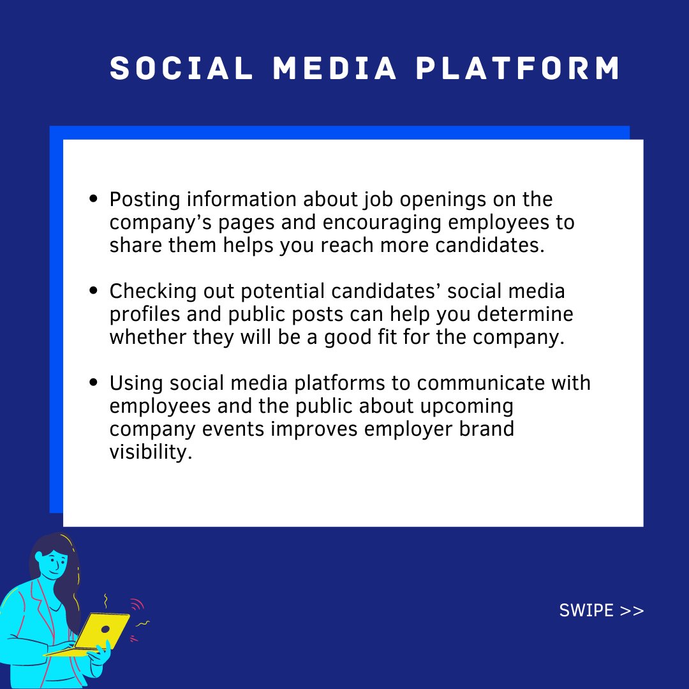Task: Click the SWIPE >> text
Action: pos(602,611)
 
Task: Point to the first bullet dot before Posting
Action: pos(94,199)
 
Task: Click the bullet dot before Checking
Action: pos(94,291)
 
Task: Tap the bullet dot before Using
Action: pos(94,383)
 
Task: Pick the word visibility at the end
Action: pos(151,452)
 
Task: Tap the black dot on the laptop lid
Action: pos(105,629)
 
